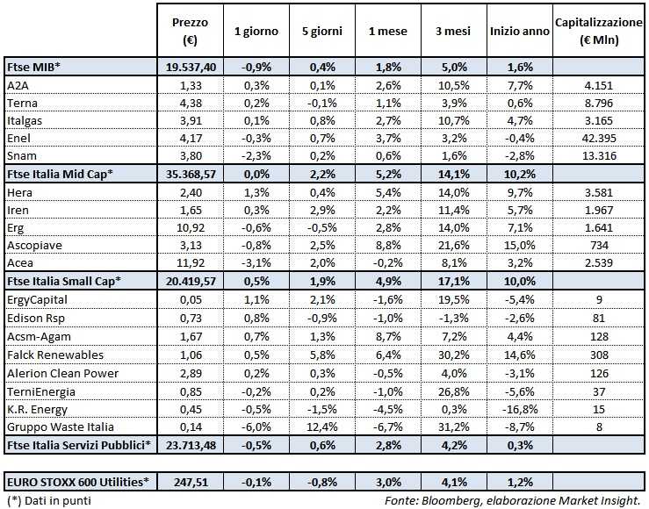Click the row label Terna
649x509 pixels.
[20, 103]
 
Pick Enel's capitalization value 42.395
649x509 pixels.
[600, 139]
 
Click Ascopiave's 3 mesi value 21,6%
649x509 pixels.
[449, 246]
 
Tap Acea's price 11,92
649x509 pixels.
[191, 263]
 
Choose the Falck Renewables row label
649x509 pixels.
[54, 355]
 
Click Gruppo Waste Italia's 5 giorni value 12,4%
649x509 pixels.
[322, 426]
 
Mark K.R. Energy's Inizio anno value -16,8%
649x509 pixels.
[519, 408]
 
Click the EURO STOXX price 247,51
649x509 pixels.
[191, 481]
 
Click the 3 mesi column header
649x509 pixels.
[449, 32]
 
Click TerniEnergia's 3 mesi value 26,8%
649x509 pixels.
[449, 390]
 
